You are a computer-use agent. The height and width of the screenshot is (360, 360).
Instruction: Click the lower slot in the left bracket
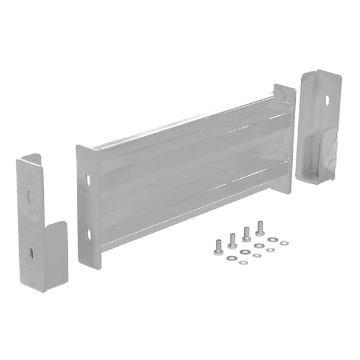pos(30,251)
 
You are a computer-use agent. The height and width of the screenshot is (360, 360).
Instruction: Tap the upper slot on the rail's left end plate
pos(89,179)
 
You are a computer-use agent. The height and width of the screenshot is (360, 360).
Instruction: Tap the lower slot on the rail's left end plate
pos(89,233)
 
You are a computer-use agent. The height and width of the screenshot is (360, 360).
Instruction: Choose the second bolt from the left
pos(232,240)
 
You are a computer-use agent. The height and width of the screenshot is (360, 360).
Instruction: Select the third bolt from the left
pos(246,233)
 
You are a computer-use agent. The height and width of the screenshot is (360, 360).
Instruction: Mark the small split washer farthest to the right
pos(284,243)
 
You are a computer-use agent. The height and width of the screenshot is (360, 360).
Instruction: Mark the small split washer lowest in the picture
pos(242,263)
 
